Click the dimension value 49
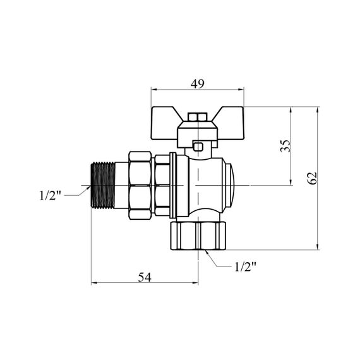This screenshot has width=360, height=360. coord(197,84)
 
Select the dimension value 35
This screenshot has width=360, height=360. coord(285,146)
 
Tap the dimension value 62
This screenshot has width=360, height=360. coord(312,178)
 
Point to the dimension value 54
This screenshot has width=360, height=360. coord(145,277)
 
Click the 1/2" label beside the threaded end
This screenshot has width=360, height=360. coord(51,196)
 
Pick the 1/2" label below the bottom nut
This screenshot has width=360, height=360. coord(245,267)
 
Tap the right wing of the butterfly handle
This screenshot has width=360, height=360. coord(231,123)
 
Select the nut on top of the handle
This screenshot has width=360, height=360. coord(197,117)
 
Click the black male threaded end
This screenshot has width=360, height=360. coord(103,185)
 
